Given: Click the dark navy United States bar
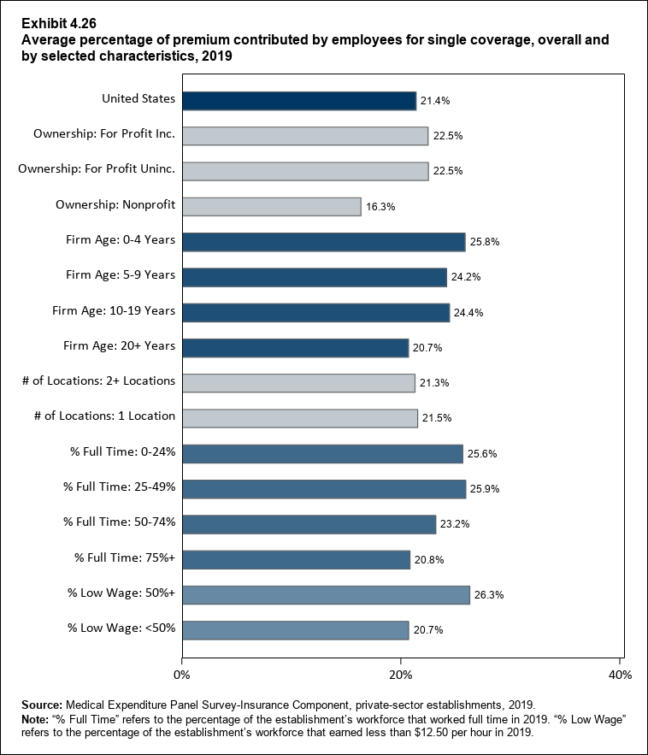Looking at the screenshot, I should point(299,101).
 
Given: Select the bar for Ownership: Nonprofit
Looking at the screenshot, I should point(272,207).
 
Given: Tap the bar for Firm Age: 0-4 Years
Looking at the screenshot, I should point(323,242).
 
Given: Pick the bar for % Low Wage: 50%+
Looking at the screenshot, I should point(326,595).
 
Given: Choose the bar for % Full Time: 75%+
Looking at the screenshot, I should point(296,560).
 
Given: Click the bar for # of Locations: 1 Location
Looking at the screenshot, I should point(300,418).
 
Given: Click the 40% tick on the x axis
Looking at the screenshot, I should point(620,675).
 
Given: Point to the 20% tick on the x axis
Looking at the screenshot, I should point(401,675).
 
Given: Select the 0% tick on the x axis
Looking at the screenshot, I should point(182,675).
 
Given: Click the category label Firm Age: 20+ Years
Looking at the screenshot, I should point(120,345).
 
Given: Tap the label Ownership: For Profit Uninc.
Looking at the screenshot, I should point(97,168).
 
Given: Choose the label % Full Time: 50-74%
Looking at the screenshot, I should point(120,522).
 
